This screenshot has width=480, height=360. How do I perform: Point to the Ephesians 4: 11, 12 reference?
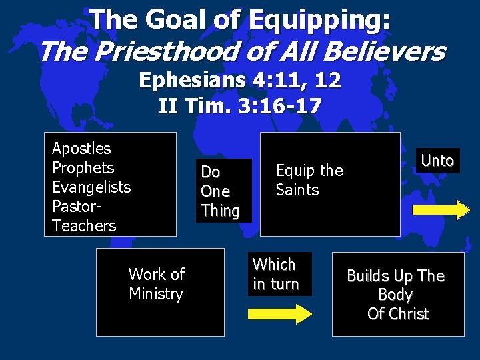point(240,81)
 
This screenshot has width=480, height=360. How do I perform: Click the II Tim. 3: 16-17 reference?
point(240,105)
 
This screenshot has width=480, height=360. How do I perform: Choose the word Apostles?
point(81,148)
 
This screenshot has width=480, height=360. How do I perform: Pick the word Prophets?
point(83,167)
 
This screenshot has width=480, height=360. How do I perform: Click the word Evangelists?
point(91,187)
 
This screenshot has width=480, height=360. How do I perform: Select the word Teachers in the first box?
point(84,225)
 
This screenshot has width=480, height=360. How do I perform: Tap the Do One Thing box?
point(220,191)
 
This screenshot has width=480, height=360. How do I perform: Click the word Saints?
point(297,190)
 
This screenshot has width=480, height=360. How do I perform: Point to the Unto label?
point(437,161)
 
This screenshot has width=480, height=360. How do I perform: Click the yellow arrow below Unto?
point(441,210)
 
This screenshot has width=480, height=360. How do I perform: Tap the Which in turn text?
point(275,274)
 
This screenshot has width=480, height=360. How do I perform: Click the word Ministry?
point(156,293)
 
